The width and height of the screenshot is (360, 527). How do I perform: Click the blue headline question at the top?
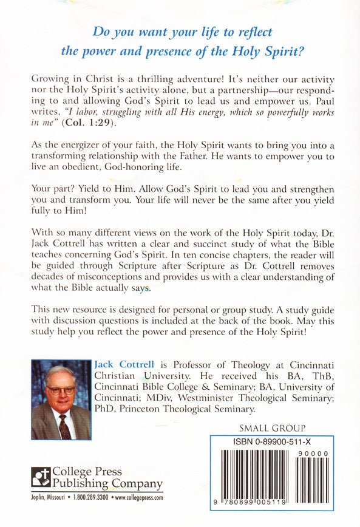point(180,41)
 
